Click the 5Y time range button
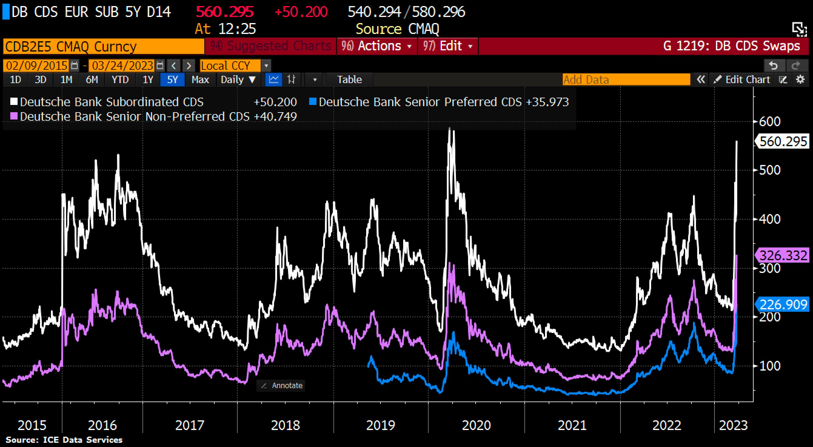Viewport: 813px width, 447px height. (172, 79)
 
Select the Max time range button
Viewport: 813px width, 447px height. (200, 79)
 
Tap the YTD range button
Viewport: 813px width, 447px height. (120, 79)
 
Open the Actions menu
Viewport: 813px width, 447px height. (377, 46)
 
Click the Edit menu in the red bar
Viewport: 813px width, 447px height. (448, 46)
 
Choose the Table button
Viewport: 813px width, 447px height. (350, 79)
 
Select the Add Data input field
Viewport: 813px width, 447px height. (626, 79)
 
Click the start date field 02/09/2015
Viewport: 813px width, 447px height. (37, 66)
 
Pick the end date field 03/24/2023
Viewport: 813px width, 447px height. (122, 66)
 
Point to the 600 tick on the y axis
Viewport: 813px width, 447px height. (769, 122)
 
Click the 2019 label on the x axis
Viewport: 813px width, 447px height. (380, 425)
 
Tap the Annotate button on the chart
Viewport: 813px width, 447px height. (281, 385)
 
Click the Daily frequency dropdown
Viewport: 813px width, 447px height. (238, 79)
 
